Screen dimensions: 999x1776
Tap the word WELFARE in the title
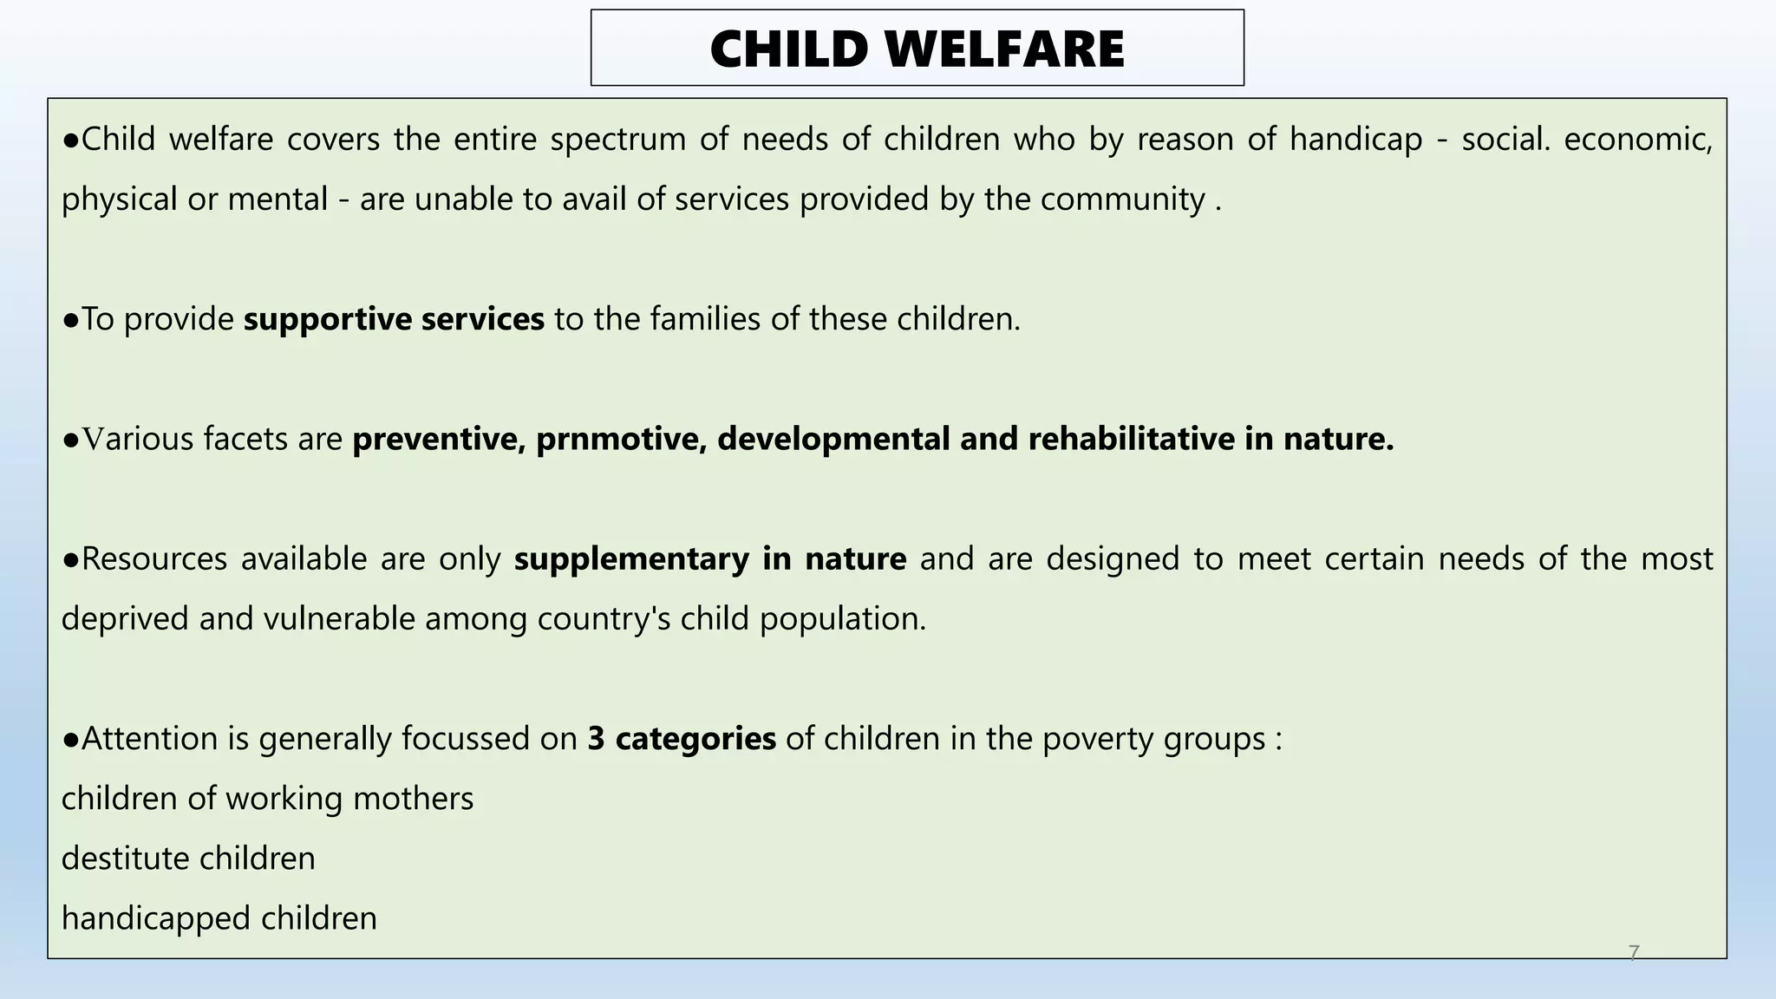click(x=1005, y=49)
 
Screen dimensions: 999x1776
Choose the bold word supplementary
click(x=631, y=558)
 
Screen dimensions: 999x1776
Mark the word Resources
click(x=153, y=558)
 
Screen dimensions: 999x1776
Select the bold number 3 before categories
click(x=596, y=739)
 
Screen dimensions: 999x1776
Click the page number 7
click(x=1634, y=953)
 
